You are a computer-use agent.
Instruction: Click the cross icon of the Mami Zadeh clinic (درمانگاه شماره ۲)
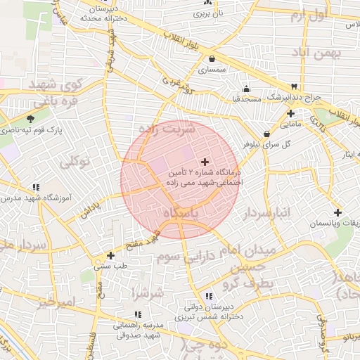pos(205,162)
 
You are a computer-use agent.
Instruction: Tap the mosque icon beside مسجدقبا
pos(246,89)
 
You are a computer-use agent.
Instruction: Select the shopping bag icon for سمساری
pos(212,60)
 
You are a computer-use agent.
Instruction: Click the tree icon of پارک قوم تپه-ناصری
pos(30,119)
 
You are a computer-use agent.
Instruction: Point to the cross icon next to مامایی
pos(290,113)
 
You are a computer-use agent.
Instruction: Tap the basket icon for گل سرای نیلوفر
pos(266,134)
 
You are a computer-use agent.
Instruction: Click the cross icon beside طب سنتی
pos(110,255)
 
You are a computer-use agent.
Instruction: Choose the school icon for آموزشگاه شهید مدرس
pos(35,187)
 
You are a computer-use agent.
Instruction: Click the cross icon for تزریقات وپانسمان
pos(338,212)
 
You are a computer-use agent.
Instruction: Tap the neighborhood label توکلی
pos(75,162)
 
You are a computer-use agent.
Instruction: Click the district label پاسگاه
pos(181,212)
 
